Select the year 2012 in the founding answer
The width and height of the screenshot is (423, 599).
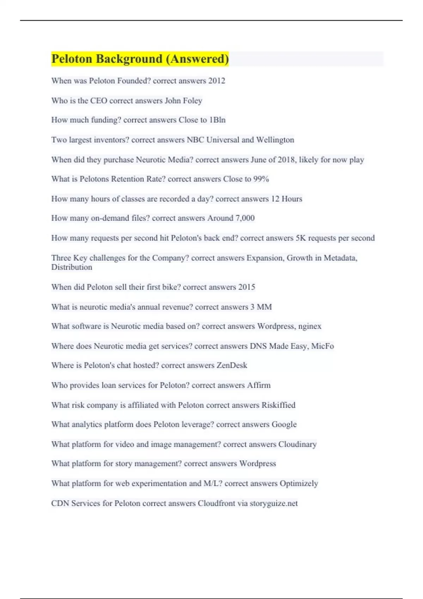(x=216, y=81)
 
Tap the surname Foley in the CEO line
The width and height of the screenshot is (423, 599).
(x=192, y=101)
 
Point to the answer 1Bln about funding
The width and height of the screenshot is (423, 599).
(x=217, y=120)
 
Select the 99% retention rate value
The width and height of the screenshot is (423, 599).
(x=261, y=179)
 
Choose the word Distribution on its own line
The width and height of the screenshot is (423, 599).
(x=72, y=267)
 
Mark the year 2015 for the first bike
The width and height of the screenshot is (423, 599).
(x=246, y=287)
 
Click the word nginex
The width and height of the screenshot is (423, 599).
(x=309, y=326)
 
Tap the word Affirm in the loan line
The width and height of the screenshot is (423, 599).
(x=259, y=385)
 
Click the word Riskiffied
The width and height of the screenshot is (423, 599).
(x=278, y=405)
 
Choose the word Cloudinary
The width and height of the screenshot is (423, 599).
(x=297, y=444)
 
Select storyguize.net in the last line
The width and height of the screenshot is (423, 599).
(x=274, y=503)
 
